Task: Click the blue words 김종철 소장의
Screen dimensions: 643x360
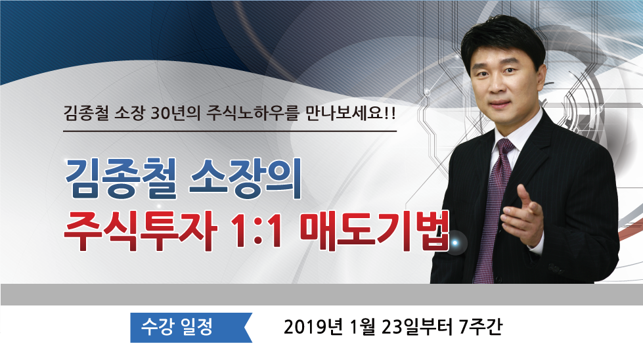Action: click(183, 179)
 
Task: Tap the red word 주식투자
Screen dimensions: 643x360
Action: click(141, 230)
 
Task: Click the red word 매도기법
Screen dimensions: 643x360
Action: click(374, 230)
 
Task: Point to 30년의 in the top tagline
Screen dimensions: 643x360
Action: click(175, 113)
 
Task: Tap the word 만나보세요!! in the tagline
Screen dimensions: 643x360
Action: click(351, 113)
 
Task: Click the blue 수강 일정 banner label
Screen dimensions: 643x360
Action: click(177, 326)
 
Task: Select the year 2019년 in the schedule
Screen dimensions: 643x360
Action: click(313, 326)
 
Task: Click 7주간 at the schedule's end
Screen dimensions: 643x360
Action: click(480, 326)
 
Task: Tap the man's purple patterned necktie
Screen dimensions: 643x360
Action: click(493, 209)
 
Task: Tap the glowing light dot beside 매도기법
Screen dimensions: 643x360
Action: click(455, 243)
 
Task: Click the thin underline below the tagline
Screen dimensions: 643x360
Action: click(230, 131)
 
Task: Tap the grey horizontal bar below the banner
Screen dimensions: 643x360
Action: click(322, 294)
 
